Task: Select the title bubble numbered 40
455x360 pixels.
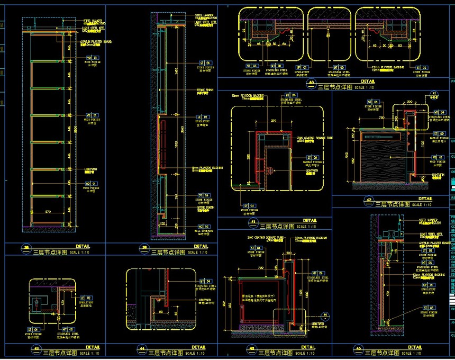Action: pyautogui.click(x=312, y=83)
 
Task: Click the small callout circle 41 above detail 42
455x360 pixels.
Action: pyautogui.click(x=434, y=93)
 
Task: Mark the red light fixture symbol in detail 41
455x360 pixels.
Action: pyautogui.click(x=269, y=170)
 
